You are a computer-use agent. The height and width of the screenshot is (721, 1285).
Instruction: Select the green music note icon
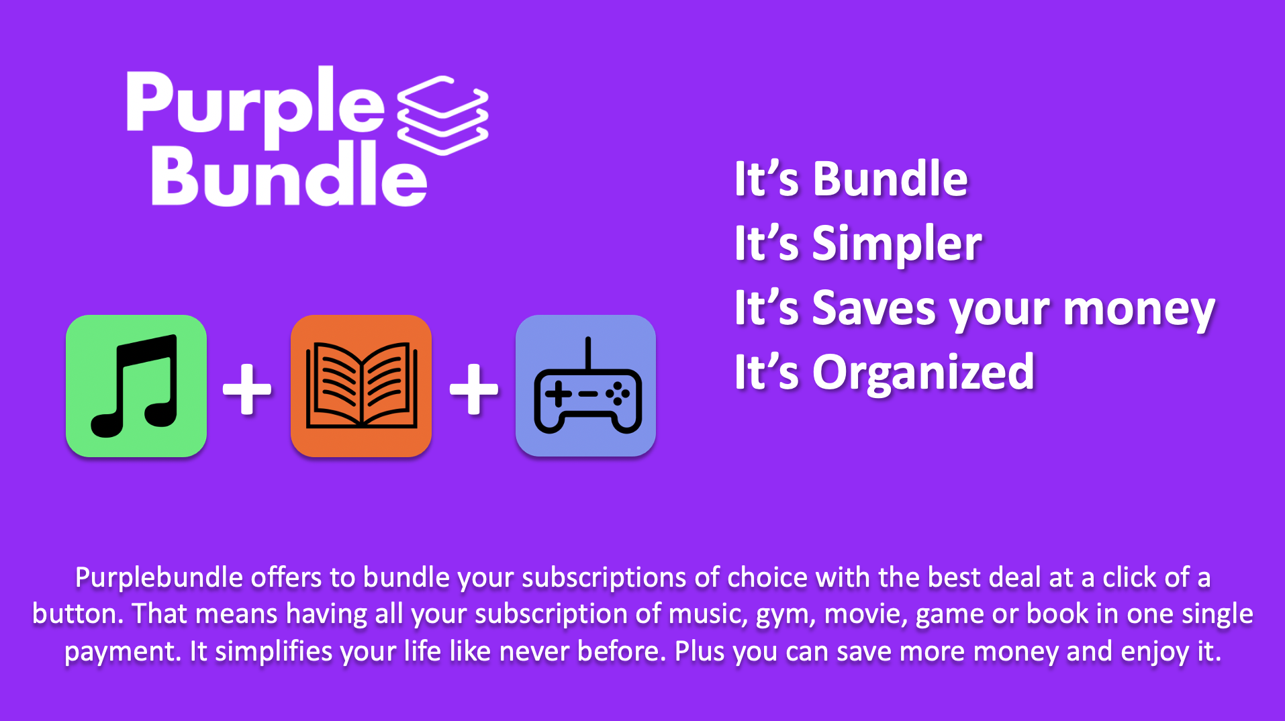click(136, 386)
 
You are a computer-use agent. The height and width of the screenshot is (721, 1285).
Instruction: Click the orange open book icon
click(361, 386)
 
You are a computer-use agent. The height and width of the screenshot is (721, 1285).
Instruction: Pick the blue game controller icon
click(585, 386)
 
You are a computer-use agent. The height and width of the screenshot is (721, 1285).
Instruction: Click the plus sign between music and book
click(247, 389)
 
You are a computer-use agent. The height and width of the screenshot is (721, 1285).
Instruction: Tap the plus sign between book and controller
click(474, 389)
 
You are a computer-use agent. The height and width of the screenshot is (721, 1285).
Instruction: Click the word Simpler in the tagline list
click(897, 244)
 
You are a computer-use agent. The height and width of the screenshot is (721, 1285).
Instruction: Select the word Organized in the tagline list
click(923, 373)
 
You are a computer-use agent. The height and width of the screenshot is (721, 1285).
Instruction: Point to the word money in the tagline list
click(1139, 310)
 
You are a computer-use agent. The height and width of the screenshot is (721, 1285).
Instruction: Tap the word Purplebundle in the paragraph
click(159, 578)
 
